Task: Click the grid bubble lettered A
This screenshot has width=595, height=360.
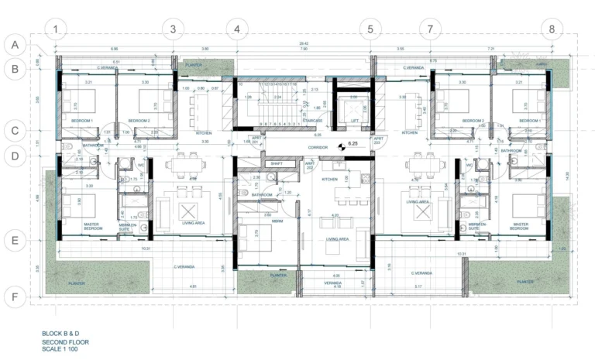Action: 13,44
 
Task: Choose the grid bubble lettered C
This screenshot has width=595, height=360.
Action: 13,130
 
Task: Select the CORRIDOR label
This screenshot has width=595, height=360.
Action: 318,147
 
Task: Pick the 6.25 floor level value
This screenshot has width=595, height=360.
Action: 353,144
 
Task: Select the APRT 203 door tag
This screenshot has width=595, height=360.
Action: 377,141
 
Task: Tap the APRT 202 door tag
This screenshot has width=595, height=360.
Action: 309,165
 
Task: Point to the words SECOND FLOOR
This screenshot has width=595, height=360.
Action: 62,341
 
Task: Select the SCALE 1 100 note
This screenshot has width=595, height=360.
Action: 60,349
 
